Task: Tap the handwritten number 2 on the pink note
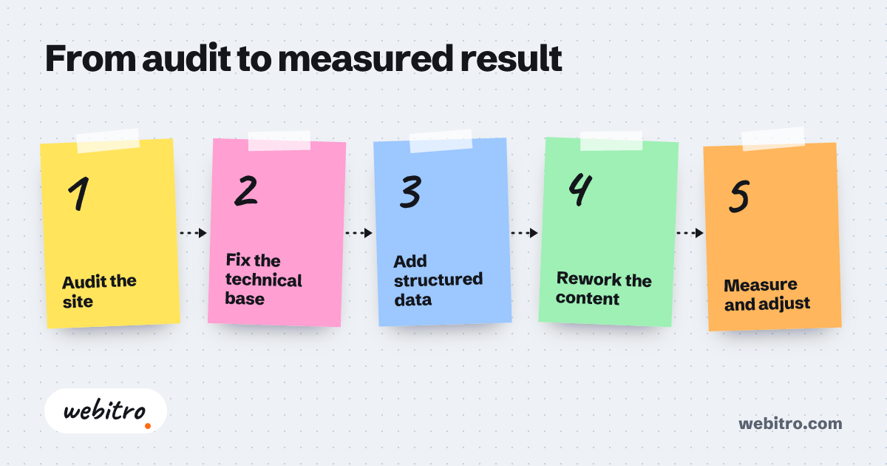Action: point(246,191)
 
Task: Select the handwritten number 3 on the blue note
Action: point(410,192)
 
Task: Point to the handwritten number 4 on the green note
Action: point(580,189)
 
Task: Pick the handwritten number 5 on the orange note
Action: point(739,196)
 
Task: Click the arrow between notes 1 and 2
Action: point(193,233)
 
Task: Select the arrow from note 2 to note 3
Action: point(358,233)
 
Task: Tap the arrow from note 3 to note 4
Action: point(524,233)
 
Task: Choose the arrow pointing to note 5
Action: point(690,233)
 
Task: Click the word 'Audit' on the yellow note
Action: point(84,282)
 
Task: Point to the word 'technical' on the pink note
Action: point(264,280)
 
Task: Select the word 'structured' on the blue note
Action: point(438,280)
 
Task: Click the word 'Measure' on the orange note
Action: point(761,285)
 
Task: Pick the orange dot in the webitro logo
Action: point(148,426)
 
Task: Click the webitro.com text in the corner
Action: point(790,424)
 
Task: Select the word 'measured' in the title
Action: point(365,58)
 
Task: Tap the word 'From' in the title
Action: point(91,58)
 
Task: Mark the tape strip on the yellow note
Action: point(108,141)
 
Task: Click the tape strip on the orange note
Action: point(773,139)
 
